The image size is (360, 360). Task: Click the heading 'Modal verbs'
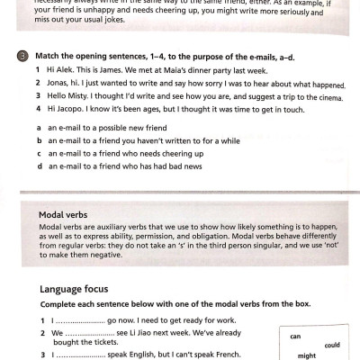coord(63,216)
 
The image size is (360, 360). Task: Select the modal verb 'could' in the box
coord(331,345)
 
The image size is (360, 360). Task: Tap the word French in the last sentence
coord(226,355)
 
